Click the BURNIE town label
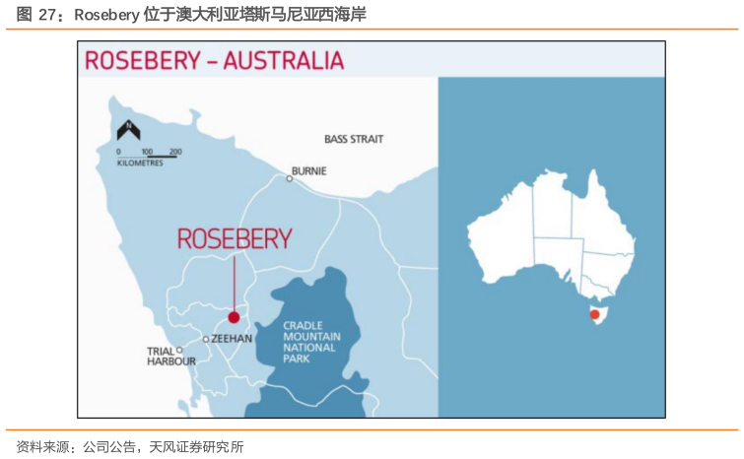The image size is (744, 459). [x=310, y=170]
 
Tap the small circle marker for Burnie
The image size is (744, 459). [x=290, y=178]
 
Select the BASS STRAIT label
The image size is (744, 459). [x=354, y=139]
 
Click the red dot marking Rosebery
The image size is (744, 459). [x=234, y=317]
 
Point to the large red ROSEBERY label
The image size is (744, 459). [x=235, y=238]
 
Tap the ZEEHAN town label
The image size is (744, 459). [x=232, y=338]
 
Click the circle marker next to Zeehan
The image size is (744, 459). [x=205, y=339]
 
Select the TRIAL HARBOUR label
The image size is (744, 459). [x=170, y=356]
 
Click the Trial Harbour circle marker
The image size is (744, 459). [x=179, y=350]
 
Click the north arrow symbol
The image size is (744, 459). [x=128, y=129]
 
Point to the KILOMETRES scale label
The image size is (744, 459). [x=140, y=163]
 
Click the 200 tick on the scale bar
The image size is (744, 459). [x=175, y=152]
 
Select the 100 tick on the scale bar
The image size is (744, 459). [x=147, y=152]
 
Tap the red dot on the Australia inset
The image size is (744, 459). [x=594, y=315]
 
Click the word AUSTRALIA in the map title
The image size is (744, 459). [x=284, y=60]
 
